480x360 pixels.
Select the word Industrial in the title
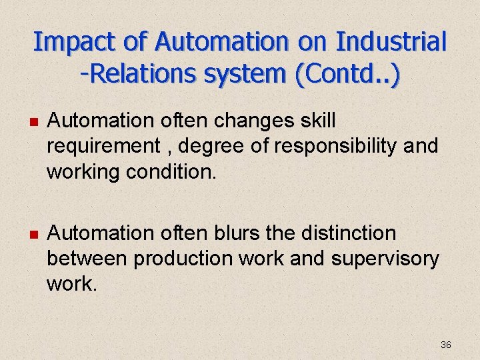pos(391,42)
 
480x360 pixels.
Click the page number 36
pos(446,345)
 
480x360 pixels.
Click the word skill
pos(318,121)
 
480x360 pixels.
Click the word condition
pos(173,172)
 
